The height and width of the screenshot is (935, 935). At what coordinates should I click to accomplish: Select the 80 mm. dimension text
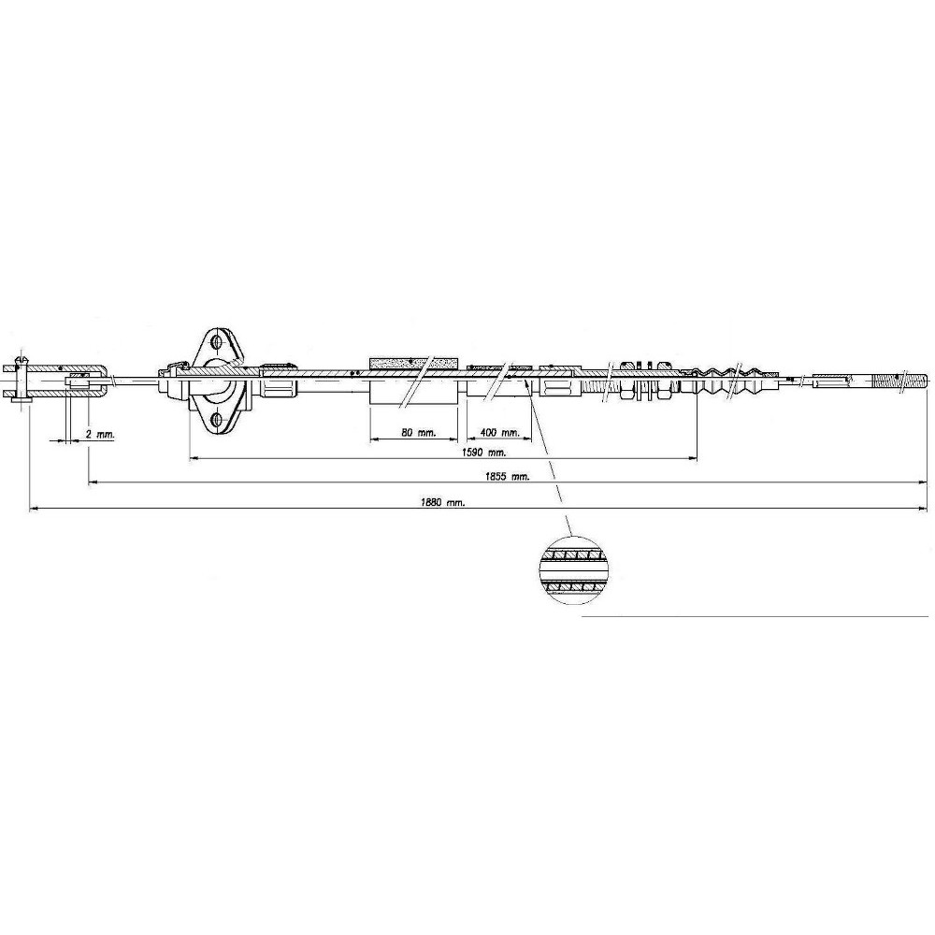[419, 433]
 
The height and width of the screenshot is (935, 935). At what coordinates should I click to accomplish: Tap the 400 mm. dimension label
[499, 432]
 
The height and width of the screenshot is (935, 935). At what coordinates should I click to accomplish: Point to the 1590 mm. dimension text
[484, 452]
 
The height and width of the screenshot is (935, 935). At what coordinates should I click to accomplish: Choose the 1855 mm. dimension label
[508, 477]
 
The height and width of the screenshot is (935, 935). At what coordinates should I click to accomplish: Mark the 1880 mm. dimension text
[442, 503]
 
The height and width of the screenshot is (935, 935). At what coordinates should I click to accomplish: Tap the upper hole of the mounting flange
[217, 343]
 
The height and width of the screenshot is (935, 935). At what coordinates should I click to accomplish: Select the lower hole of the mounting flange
[215, 420]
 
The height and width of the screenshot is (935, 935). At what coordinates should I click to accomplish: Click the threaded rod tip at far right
[901, 381]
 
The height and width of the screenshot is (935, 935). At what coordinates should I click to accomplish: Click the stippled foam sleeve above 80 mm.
[414, 363]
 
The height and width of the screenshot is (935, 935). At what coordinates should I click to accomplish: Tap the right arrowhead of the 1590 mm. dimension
[693, 458]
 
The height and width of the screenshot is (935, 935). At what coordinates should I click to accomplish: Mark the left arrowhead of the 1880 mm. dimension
[34, 509]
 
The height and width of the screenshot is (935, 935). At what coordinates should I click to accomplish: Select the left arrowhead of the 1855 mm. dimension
[93, 483]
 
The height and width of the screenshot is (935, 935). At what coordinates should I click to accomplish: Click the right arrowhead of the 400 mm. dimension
[526, 439]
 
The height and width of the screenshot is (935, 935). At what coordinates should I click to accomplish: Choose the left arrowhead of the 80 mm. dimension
[375, 439]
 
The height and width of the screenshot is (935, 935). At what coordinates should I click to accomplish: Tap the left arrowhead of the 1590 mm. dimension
[194, 458]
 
